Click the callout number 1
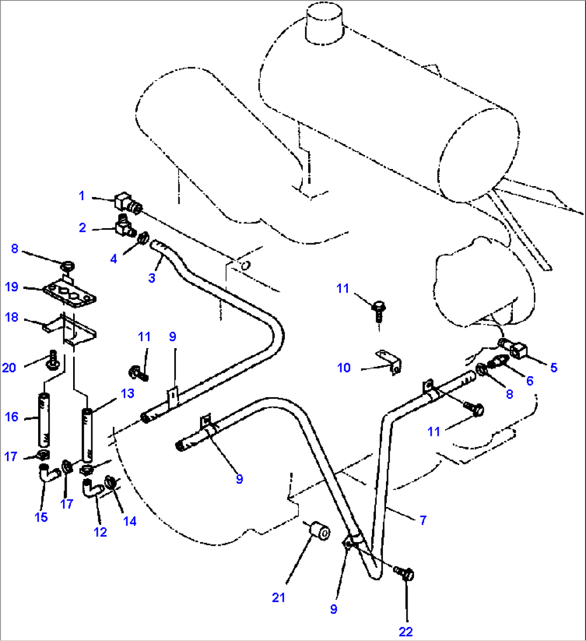click(82, 195)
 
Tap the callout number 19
click(11, 287)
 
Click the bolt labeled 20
click(54, 361)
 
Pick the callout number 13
click(127, 393)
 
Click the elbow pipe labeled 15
click(48, 474)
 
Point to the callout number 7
click(423, 520)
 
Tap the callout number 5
click(554, 368)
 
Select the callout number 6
click(530, 381)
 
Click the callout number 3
click(152, 278)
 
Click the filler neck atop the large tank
click(324, 23)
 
